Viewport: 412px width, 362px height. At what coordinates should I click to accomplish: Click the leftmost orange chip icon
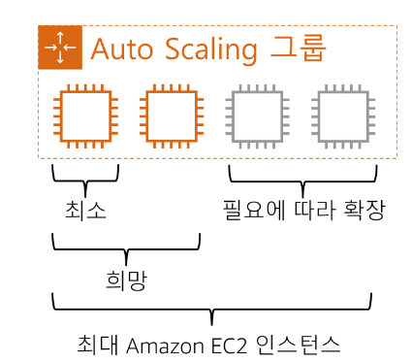pyautogui.click(x=86, y=117)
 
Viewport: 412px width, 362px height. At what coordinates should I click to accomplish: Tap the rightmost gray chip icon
pyautogui.click(x=341, y=117)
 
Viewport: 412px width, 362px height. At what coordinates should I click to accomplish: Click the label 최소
pyautogui.click(x=86, y=210)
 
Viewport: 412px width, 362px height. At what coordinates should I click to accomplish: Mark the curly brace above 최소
pyautogui.click(x=85, y=178)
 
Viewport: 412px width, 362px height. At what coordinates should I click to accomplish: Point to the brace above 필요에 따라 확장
pyautogui.click(x=301, y=178)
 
